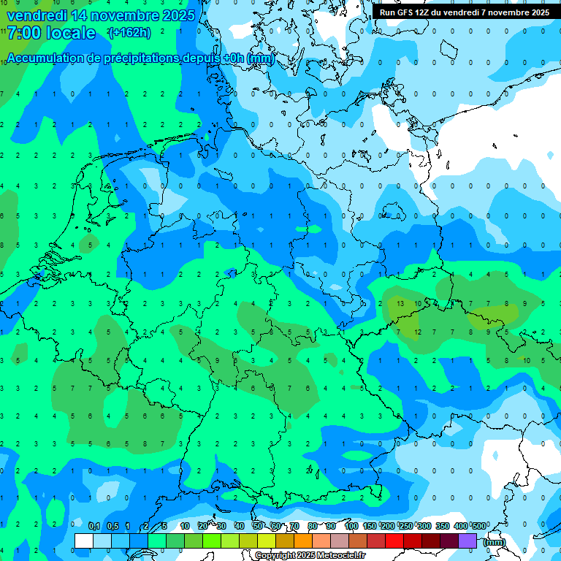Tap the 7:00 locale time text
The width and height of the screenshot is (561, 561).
click(51, 33)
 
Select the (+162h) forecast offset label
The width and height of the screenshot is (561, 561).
click(129, 33)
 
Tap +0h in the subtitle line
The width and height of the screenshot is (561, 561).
click(233, 58)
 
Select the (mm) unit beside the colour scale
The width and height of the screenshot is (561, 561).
click(494, 541)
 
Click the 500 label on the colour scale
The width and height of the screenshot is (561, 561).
click(479, 526)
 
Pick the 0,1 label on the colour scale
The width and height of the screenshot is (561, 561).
click(94, 526)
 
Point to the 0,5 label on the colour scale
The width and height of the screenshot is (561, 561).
click(112, 526)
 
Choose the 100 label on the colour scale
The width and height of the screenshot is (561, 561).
click(351, 526)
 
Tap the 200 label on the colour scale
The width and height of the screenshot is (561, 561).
click(388, 526)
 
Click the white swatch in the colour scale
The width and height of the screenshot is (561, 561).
click(84, 541)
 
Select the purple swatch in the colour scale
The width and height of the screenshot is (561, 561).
click(467, 541)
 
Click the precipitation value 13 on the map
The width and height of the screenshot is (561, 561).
click(400, 303)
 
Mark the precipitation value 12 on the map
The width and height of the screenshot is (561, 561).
click(418, 332)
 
